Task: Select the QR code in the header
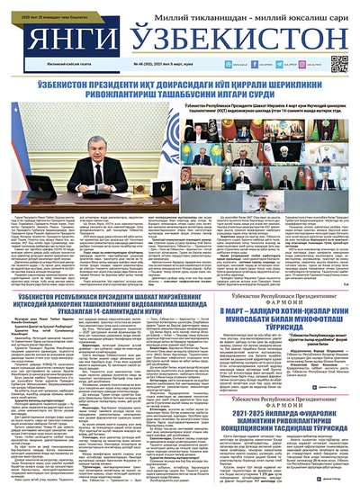click(339, 64)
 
